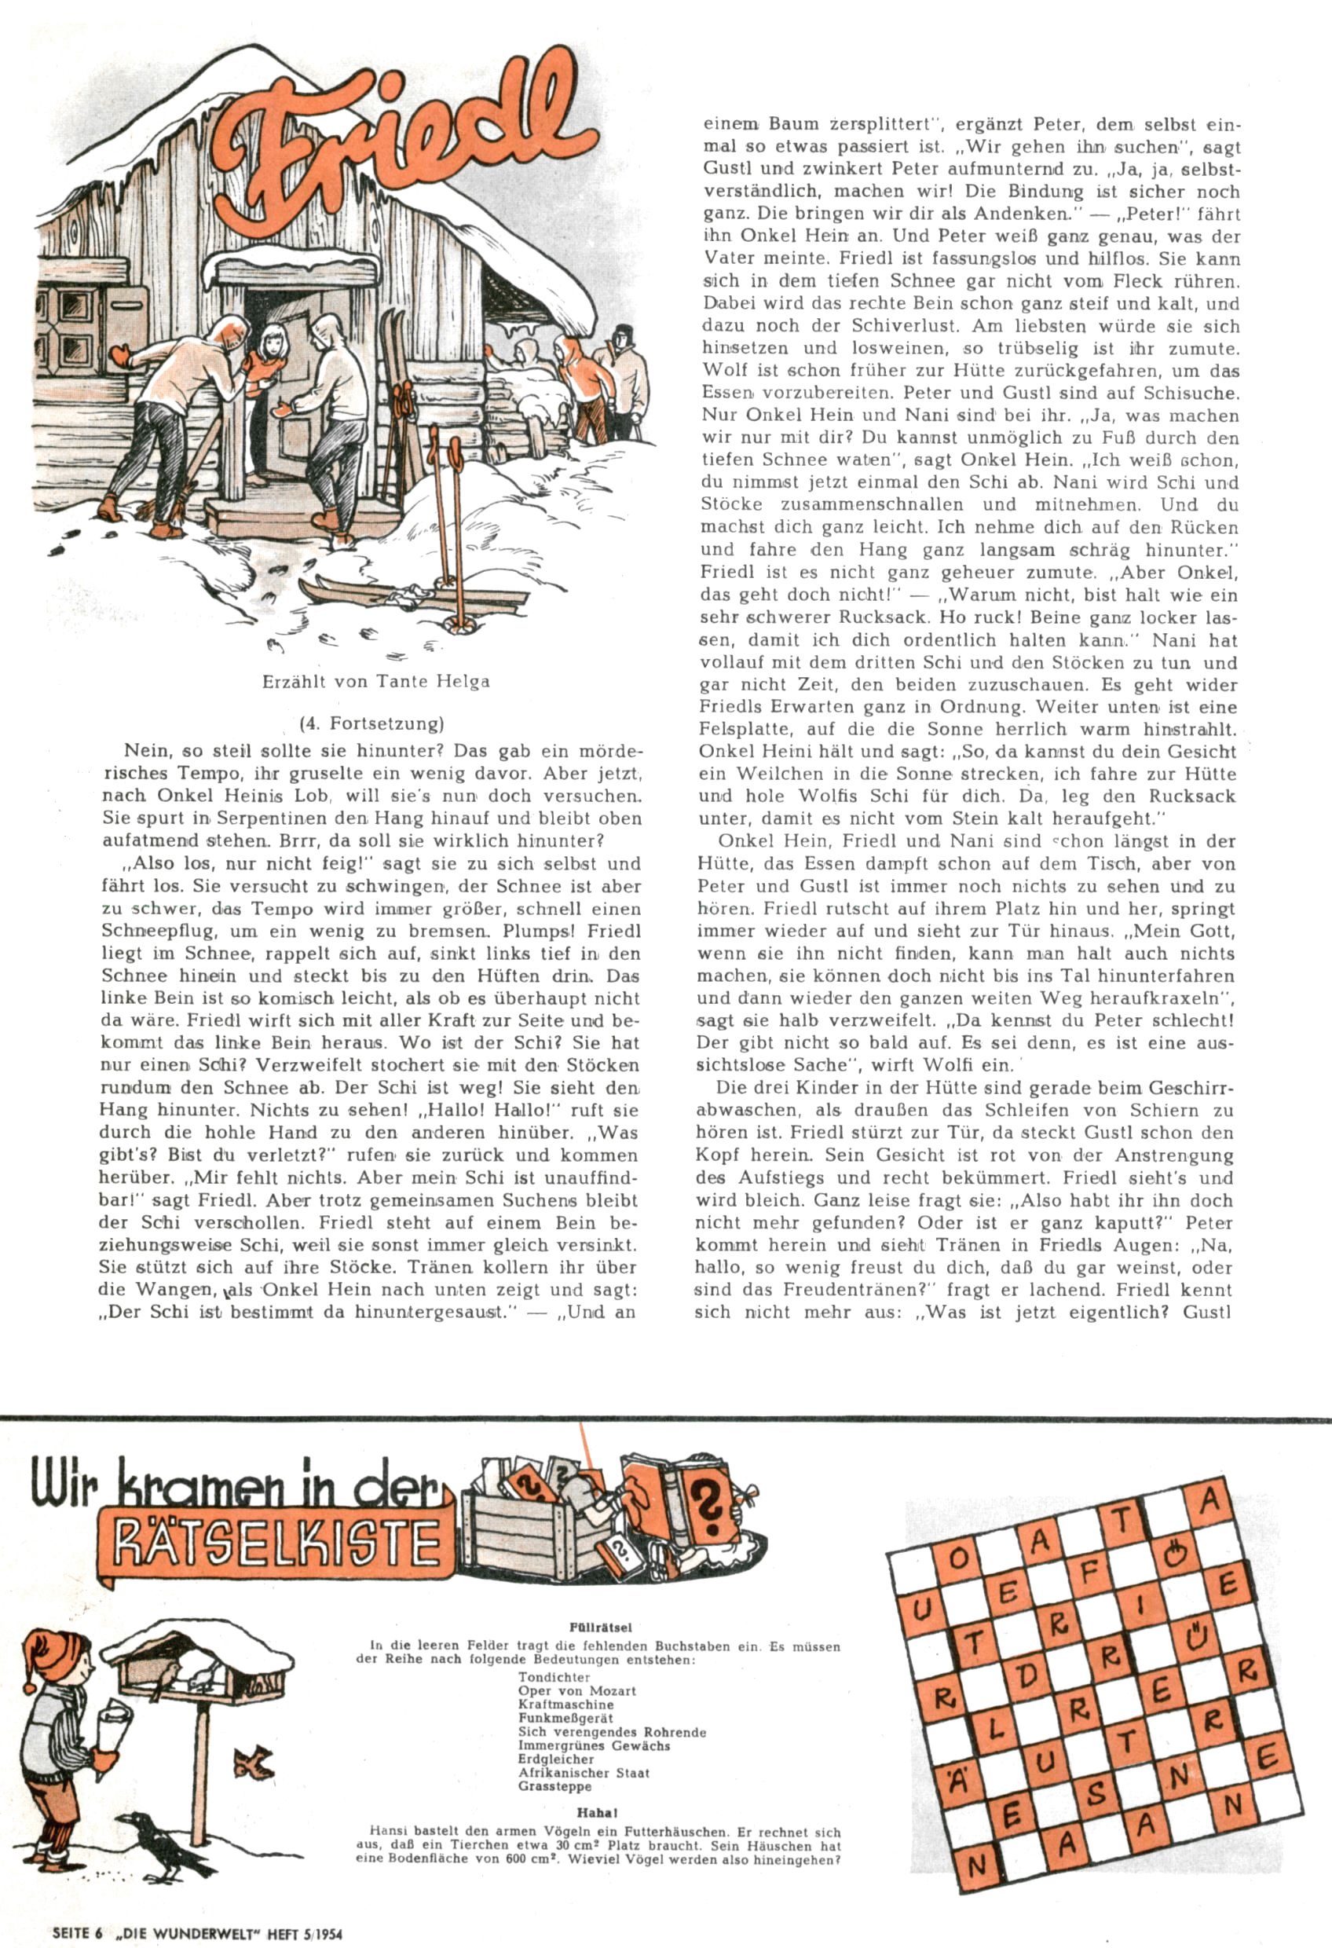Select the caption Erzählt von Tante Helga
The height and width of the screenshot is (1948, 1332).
(375, 682)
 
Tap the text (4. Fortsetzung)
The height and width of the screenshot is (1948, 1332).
(371, 723)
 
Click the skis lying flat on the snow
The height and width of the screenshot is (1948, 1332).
(411, 595)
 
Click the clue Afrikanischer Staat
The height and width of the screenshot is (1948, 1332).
(584, 1773)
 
